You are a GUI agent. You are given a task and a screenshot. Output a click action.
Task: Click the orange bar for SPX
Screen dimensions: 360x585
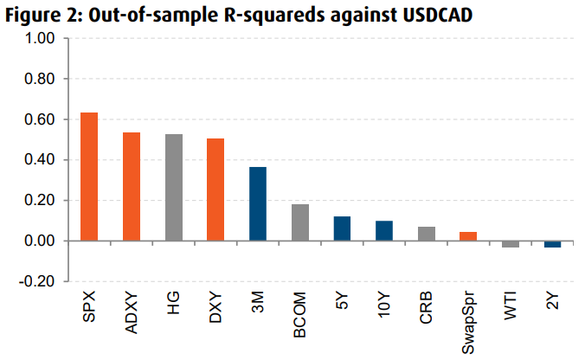(89, 177)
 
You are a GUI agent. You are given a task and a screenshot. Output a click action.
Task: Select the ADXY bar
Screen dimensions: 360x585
(132, 186)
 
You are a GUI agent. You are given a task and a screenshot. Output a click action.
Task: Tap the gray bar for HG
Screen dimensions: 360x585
(174, 187)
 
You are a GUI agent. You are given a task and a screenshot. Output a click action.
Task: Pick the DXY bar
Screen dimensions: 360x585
(215, 190)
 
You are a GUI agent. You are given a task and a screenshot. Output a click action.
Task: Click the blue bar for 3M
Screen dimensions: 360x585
(258, 203)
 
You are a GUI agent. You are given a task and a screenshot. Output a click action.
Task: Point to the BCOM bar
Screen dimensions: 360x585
(300, 222)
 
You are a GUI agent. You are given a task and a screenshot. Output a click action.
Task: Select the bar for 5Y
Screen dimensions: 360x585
(342, 228)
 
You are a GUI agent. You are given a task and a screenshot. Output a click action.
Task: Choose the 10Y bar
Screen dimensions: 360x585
(384, 230)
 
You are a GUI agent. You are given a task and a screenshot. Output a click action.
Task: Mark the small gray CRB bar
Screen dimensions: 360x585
(427, 234)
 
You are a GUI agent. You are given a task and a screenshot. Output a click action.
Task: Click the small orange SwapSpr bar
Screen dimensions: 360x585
(468, 236)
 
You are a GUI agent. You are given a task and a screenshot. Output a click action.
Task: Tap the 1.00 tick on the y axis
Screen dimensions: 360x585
(41, 39)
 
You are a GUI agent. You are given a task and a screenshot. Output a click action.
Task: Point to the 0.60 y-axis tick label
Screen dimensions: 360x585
(41, 119)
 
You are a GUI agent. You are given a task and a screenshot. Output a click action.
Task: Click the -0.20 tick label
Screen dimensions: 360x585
(38, 281)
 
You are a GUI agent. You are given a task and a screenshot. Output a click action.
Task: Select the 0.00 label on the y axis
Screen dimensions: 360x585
(41, 241)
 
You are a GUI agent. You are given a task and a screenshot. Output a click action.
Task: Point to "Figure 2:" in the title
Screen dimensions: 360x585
(39, 16)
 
